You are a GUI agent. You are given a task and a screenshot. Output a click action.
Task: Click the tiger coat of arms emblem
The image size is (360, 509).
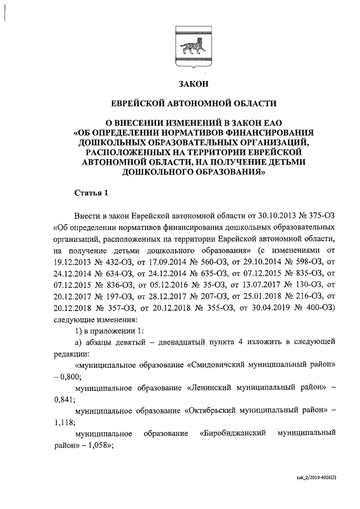tap(193, 48)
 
